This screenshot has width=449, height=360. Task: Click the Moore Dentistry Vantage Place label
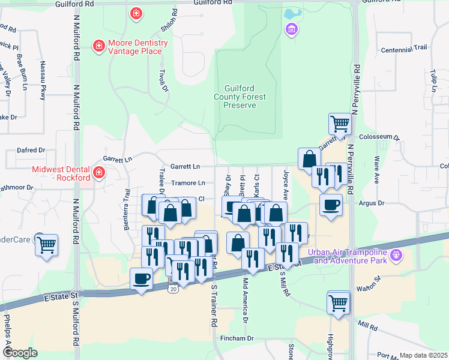[x=135, y=47]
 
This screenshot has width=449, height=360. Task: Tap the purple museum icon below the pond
[x=291, y=29]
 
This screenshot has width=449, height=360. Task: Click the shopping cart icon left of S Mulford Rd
[x=46, y=244]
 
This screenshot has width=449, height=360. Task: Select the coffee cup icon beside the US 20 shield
[x=142, y=278]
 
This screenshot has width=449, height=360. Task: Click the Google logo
[x=20, y=353]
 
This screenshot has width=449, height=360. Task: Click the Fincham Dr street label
[x=238, y=338]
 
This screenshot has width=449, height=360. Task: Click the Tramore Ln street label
[x=188, y=183]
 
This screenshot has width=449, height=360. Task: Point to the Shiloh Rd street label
[x=168, y=21]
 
